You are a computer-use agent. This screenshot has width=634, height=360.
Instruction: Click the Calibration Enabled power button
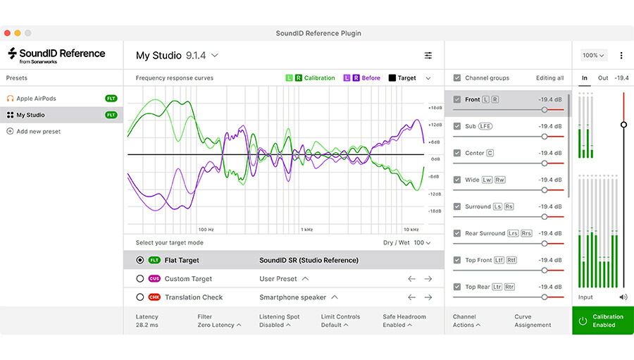click(583, 321)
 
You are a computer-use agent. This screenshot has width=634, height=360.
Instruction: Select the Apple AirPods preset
click(36, 99)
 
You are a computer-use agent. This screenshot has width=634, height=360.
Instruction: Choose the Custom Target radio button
click(140, 279)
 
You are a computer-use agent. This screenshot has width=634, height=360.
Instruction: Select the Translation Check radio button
click(140, 297)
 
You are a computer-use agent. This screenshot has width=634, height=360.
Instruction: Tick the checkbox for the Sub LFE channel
click(457, 126)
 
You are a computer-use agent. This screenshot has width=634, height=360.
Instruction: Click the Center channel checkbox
click(457, 153)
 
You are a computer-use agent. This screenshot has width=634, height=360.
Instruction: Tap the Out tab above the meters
click(603, 78)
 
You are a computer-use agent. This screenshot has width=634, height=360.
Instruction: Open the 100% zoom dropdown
click(593, 56)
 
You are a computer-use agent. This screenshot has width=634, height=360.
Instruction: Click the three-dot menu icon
click(621, 56)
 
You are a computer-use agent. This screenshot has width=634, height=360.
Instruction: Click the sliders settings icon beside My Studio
click(428, 56)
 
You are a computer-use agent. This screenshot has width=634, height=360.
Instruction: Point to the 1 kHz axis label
click(307, 230)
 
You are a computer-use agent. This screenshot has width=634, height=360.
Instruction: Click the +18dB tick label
click(435, 108)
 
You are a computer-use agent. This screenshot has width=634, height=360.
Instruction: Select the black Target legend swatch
click(392, 78)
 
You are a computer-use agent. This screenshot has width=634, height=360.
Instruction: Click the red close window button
click(7, 33)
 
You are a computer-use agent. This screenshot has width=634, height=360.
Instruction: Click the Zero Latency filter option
click(219, 325)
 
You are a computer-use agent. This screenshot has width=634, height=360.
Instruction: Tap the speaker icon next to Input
click(623, 297)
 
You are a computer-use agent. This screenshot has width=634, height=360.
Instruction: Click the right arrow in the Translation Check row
click(428, 297)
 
